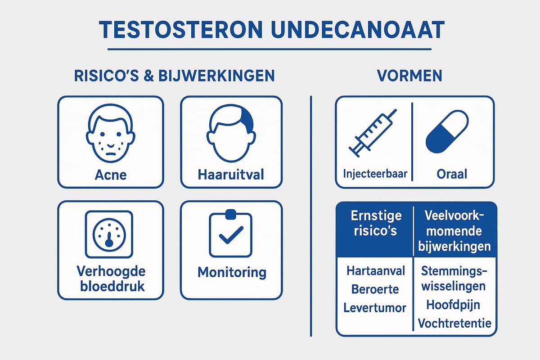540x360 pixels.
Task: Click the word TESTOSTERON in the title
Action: point(181,30)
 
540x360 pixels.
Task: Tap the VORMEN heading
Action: point(409,76)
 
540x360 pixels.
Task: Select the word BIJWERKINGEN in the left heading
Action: point(217,76)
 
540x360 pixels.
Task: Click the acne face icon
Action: point(111,133)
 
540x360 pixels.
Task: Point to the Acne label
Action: point(111,175)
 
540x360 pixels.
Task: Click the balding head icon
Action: point(231,133)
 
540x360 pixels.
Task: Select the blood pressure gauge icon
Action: point(109,234)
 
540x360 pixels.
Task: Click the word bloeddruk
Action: point(112,287)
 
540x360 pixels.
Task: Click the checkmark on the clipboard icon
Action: point(231,235)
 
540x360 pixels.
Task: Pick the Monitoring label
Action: point(232,272)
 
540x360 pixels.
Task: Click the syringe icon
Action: point(373,133)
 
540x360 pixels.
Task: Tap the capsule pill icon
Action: point(447,132)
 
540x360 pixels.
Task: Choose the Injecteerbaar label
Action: point(375,174)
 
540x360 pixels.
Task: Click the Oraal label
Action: point(452,174)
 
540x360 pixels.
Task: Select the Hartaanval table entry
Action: point(376,271)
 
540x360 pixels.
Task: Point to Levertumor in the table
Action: point(375,308)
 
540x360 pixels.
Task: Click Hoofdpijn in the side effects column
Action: point(453,305)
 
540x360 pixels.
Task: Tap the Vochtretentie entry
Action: point(454,324)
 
